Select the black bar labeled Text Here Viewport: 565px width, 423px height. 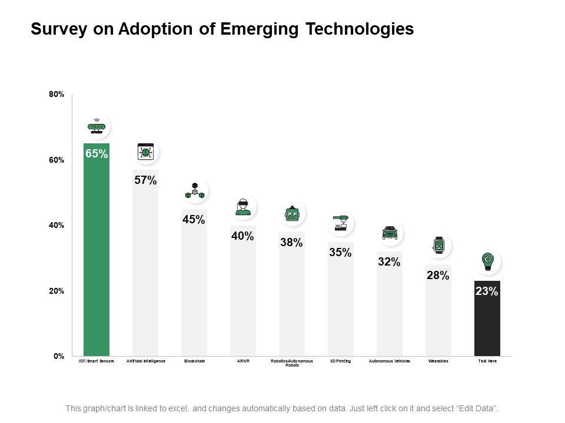pyautogui.click(x=487, y=323)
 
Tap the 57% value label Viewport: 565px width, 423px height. pyautogui.click(x=145, y=180)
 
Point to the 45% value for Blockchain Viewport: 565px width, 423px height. pyautogui.click(x=194, y=220)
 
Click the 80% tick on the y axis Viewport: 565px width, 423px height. pyautogui.click(x=56, y=94)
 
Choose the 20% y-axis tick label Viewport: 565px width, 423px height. pyautogui.click(x=56, y=291)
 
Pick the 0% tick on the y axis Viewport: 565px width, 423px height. pyautogui.click(x=58, y=356)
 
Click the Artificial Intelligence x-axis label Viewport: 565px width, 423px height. pyautogui.click(x=146, y=361)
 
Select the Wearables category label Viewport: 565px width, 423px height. pyautogui.click(x=438, y=361)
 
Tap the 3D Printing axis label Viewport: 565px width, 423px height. pyautogui.click(x=341, y=361)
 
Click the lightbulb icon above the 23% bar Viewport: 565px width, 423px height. pyautogui.click(x=487, y=261)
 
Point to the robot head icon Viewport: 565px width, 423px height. pyautogui.click(x=293, y=214)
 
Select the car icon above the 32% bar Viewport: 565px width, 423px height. pyautogui.click(x=389, y=233)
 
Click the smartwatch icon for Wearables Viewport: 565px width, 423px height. pyautogui.click(x=438, y=246)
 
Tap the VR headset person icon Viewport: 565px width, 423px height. pyautogui.click(x=242, y=207)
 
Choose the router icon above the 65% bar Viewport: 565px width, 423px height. pyautogui.click(x=96, y=127)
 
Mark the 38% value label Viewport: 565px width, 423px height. pyautogui.click(x=291, y=242)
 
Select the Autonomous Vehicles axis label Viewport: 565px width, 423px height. pyautogui.click(x=389, y=361)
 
